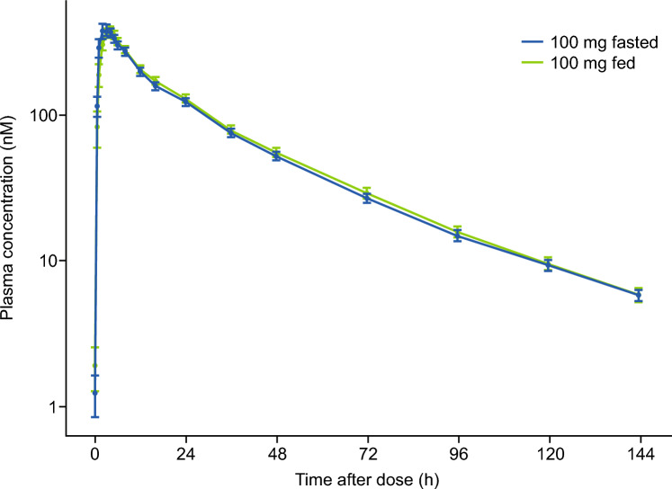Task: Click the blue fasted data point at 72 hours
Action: pos(367,197)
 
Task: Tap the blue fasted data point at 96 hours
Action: pos(458,236)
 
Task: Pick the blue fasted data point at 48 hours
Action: pos(276,156)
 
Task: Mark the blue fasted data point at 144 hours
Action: pos(640,295)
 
